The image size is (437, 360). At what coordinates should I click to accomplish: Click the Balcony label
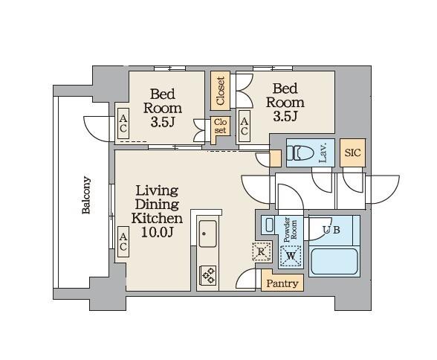point(86,195)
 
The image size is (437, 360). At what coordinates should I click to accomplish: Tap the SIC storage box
point(352,152)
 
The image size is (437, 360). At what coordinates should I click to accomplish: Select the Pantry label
point(282,283)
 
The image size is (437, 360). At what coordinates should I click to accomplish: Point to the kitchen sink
point(207,234)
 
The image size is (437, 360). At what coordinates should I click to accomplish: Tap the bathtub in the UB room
point(334,261)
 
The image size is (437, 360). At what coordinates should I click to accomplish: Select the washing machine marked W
point(291,256)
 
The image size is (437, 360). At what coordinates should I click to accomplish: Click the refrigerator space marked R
point(262,251)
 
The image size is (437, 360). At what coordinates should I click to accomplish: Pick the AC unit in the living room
point(123,242)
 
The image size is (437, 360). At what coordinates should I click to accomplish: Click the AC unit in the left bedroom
point(123,123)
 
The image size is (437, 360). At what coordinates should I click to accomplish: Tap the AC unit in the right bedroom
point(244,126)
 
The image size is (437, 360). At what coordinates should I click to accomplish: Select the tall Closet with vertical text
point(220,91)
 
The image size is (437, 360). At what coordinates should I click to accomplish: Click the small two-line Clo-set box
point(220,126)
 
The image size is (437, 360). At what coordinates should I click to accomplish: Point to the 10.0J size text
point(158,232)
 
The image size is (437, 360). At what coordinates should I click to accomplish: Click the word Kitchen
point(158,218)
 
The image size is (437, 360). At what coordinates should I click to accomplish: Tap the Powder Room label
point(290,230)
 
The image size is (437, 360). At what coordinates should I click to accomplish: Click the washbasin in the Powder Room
point(269,225)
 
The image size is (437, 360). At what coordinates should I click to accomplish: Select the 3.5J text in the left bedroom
point(163,122)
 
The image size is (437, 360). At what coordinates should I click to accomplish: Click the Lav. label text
point(323,153)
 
